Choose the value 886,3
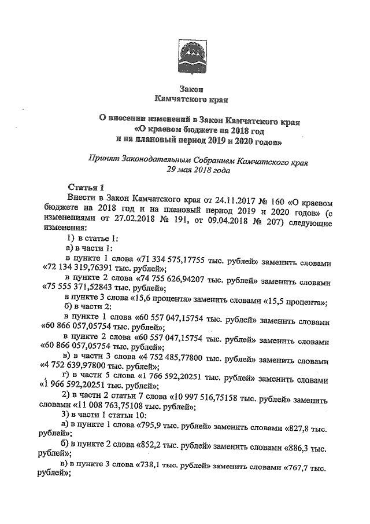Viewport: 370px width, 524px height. (301, 448)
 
